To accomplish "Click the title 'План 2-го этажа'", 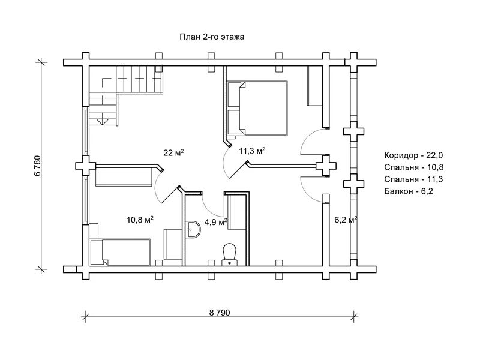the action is (212, 37).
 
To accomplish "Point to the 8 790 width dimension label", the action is (220, 313).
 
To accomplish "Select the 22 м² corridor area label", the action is (173, 152).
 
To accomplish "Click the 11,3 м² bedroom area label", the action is (252, 151).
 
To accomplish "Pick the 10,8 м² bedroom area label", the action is (140, 220).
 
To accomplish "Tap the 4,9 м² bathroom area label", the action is (216, 221).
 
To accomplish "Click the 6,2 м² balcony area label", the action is (346, 220).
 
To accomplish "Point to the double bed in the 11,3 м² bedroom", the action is (257, 108).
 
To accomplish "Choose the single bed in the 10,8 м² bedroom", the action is (119, 252).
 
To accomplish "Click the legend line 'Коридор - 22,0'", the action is (413, 155).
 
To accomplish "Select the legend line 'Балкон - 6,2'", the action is (409, 191).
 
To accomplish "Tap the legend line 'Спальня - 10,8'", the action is (414, 167).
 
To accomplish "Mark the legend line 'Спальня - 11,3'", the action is (413, 179).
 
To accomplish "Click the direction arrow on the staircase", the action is (103, 121).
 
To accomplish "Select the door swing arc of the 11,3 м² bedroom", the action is (224, 162).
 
